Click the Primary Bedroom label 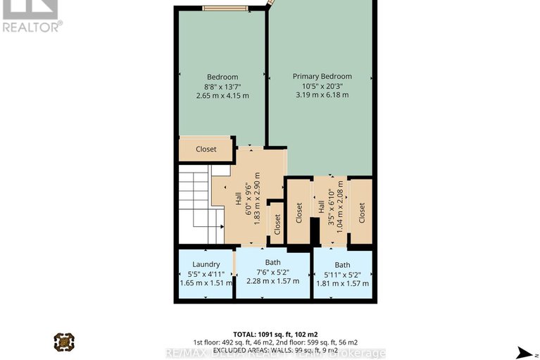click(x=322, y=76)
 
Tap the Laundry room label click(x=206, y=265)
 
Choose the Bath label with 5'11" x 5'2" click(x=342, y=265)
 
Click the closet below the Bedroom click(x=206, y=149)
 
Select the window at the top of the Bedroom click(x=225, y=8)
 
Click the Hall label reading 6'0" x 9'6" click(x=246, y=197)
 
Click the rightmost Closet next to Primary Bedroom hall click(x=361, y=210)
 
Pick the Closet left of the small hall click(x=299, y=210)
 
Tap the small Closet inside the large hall click(x=277, y=224)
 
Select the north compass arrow click(x=525, y=352)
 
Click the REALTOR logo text click(x=31, y=27)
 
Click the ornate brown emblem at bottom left click(x=64, y=342)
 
